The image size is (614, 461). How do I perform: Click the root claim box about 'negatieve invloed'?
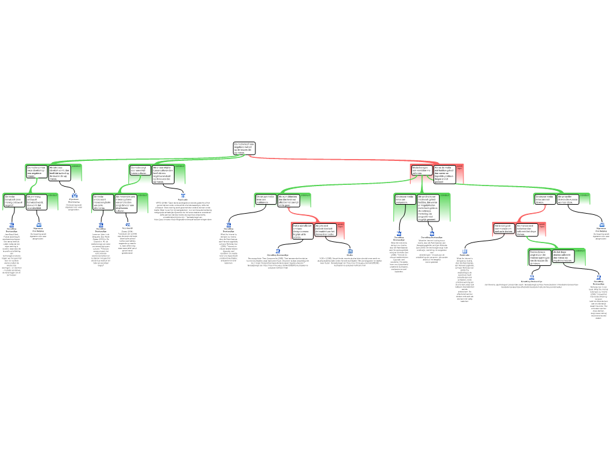tap(244, 148)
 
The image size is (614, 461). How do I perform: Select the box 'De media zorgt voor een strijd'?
tap(140, 170)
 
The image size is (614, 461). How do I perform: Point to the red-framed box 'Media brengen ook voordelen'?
tap(421, 170)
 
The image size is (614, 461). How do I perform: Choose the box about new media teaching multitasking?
tap(266, 200)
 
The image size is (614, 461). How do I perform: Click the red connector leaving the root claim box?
tap(336, 160)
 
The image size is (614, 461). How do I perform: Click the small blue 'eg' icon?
tap(128, 224)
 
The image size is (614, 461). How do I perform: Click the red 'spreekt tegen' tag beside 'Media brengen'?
tap(460, 167)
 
